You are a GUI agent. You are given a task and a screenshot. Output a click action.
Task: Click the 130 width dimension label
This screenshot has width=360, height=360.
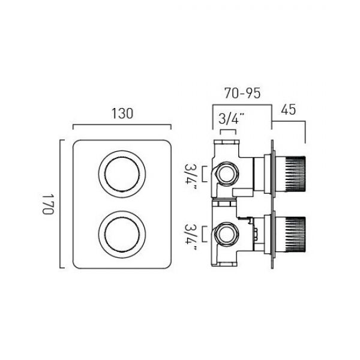tap(122, 113)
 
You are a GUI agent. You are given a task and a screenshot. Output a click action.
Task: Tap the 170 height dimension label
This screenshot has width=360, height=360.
tap(48, 204)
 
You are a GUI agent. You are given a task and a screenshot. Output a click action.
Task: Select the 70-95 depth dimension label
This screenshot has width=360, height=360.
tap(242, 93)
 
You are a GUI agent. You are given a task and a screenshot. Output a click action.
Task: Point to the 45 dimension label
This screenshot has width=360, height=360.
tap(289, 110)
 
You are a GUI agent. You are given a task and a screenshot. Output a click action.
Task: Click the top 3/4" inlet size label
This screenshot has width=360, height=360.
tap(231, 119)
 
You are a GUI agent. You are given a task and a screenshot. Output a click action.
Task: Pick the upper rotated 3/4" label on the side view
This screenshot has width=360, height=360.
tap(191, 176)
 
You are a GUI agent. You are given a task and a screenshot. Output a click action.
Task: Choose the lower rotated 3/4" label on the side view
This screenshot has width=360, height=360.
tap(191, 238)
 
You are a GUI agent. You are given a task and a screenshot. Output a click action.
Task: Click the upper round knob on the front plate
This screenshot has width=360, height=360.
tap(122, 174)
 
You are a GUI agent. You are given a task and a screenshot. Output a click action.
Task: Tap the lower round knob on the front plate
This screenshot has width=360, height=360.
tap(122, 235)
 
